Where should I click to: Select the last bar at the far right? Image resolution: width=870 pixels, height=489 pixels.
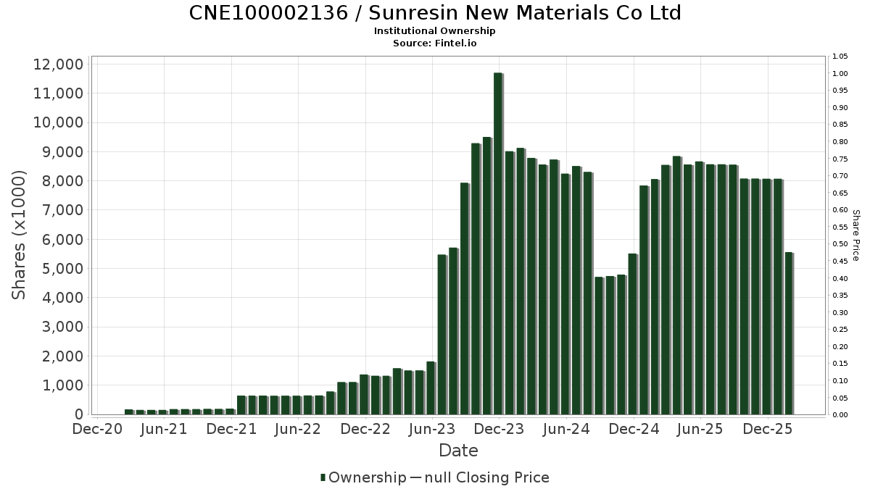click(789, 333)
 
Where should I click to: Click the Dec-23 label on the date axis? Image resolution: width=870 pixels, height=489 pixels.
click(500, 429)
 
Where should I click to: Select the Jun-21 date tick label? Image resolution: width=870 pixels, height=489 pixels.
click(164, 429)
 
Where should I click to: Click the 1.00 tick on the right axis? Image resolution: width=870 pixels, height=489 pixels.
click(840, 74)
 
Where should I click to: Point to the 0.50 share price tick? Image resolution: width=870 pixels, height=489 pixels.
click(840, 244)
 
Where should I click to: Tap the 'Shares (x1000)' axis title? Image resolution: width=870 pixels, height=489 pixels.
click(20, 235)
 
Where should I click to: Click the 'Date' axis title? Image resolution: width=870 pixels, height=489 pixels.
click(458, 451)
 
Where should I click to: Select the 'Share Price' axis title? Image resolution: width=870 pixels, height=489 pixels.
click(855, 235)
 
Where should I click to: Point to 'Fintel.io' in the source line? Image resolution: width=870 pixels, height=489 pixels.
click(455, 43)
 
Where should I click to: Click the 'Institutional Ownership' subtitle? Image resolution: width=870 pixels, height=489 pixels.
click(435, 31)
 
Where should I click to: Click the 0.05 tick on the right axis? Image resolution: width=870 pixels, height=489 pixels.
click(840, 398)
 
